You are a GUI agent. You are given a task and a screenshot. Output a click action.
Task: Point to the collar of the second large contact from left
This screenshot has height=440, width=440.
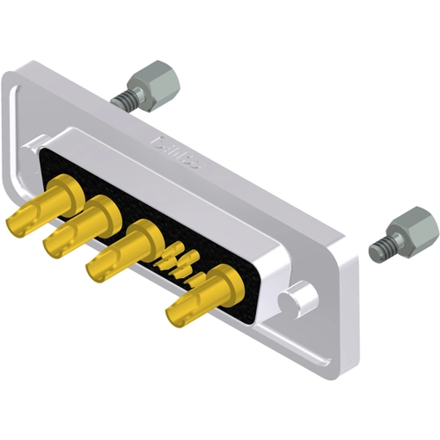(x=101, y=211)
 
